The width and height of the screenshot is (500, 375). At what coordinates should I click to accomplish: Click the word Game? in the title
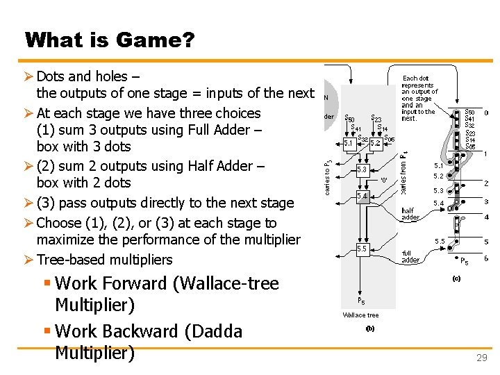click(x=155, y=40)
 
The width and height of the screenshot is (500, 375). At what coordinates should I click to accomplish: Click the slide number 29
click(x=481, y=358)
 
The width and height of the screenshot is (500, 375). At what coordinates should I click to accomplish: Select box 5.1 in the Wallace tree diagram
click(x=350, y=143)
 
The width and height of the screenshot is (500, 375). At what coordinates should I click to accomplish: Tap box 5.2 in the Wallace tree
click(x=376, y=143)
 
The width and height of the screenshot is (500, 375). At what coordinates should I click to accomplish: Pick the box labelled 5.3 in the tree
click(x=362, y=169)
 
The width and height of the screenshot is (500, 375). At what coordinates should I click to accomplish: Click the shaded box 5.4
click(x=362, y=197)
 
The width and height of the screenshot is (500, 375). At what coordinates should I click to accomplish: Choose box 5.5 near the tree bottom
click(x=362, y=248)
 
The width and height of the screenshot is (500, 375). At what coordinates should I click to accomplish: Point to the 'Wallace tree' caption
click(x=361, y=315)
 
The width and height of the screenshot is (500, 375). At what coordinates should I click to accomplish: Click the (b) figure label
click(x=370, y=329)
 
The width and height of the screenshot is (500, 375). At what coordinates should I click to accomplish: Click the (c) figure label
click(x=457, y=278)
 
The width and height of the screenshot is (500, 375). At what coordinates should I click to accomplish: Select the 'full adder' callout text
click(x=412, y=256)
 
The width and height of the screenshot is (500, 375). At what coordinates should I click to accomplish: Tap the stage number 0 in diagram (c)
click(x=486, y=112)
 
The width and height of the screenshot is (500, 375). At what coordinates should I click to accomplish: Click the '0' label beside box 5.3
click(x=383, y=180)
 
